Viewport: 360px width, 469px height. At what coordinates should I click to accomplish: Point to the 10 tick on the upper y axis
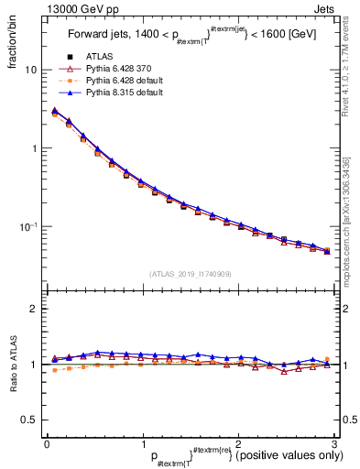pyautogui.click(x=31, y=71)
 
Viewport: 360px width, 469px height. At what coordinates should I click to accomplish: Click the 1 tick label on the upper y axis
pyautogui.click(x=34, y=148)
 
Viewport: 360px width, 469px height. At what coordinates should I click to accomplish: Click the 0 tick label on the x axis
pyautogui.click(x=46, y=444)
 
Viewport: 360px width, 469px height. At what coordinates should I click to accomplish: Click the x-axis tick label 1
pyautogui.click(x=142, y=444)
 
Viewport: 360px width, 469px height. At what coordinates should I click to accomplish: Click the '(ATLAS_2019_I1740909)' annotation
pyautogui.click(x=189, y=273)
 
